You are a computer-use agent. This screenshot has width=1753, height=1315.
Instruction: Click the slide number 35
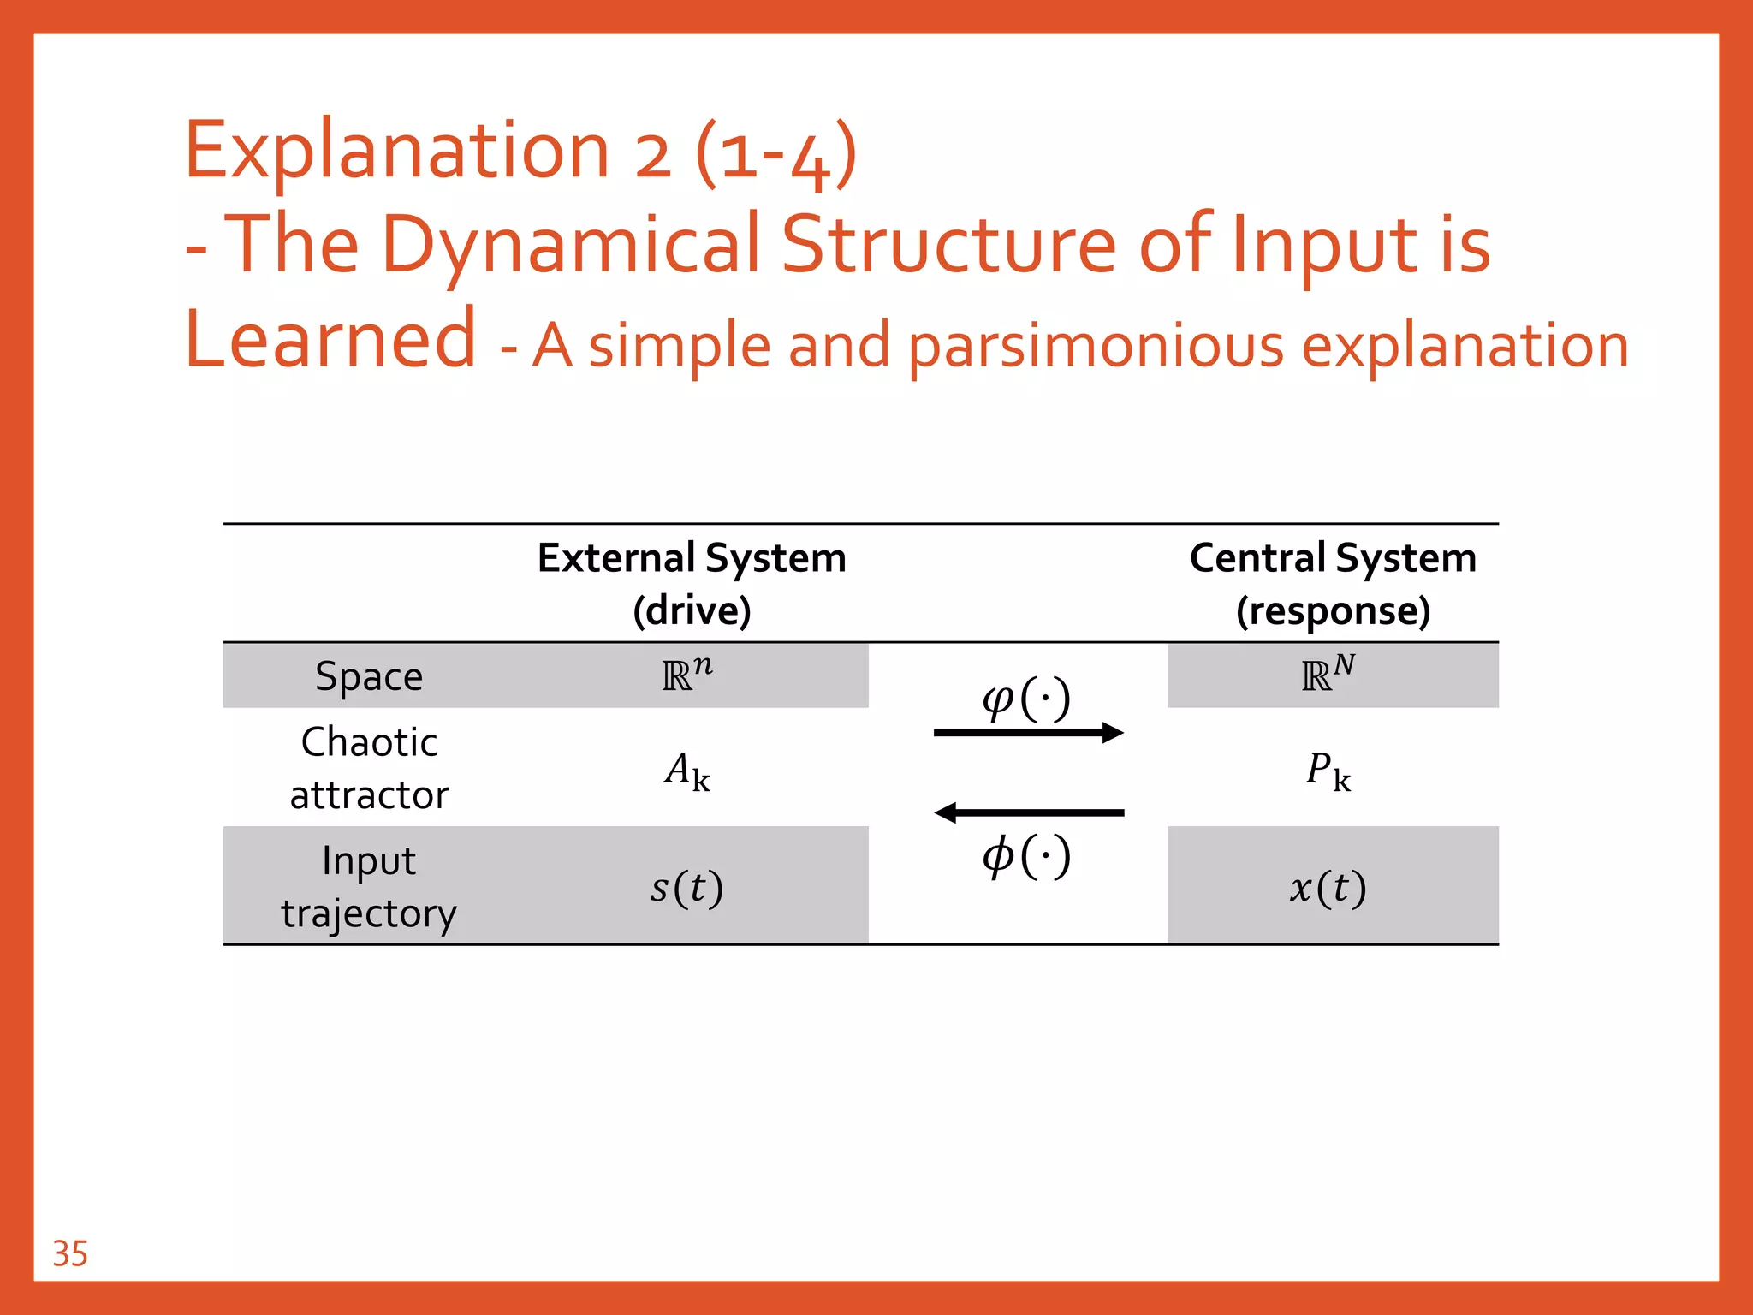point(70,1253)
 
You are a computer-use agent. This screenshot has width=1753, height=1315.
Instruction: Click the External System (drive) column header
point(692,584)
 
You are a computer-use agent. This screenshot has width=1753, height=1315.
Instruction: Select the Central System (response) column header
point(1333,584)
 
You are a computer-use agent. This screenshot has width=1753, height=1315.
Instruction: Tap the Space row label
point(369,676)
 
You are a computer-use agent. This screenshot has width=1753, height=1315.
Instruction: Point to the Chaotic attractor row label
point(369,768)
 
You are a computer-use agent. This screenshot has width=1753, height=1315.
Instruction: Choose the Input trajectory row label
point(369,886)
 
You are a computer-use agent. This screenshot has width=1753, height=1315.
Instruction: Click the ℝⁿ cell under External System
point(687,675)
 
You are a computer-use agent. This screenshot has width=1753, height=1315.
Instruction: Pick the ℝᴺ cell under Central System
point(1328,675)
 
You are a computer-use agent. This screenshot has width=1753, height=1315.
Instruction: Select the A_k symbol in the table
point(687,771)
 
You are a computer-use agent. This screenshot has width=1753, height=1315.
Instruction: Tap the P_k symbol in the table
point(1328,771)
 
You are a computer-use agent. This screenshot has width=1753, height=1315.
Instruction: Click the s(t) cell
point(686,888)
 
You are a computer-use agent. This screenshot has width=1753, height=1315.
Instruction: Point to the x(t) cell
point(1328,888)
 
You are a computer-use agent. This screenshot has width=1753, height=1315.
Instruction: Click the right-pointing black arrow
point(1028,733)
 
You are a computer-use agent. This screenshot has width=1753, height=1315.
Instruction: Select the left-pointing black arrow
point(1028,812)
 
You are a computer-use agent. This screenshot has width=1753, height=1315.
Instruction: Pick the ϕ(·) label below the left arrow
point(1026,856)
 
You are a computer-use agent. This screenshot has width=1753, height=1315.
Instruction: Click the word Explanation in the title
point(396,151)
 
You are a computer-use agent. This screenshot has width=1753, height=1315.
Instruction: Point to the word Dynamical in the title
point(570,245)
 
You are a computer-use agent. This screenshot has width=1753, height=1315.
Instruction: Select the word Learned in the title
point(330,339)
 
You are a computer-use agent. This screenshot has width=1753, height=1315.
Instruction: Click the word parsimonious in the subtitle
point(1096,348)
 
